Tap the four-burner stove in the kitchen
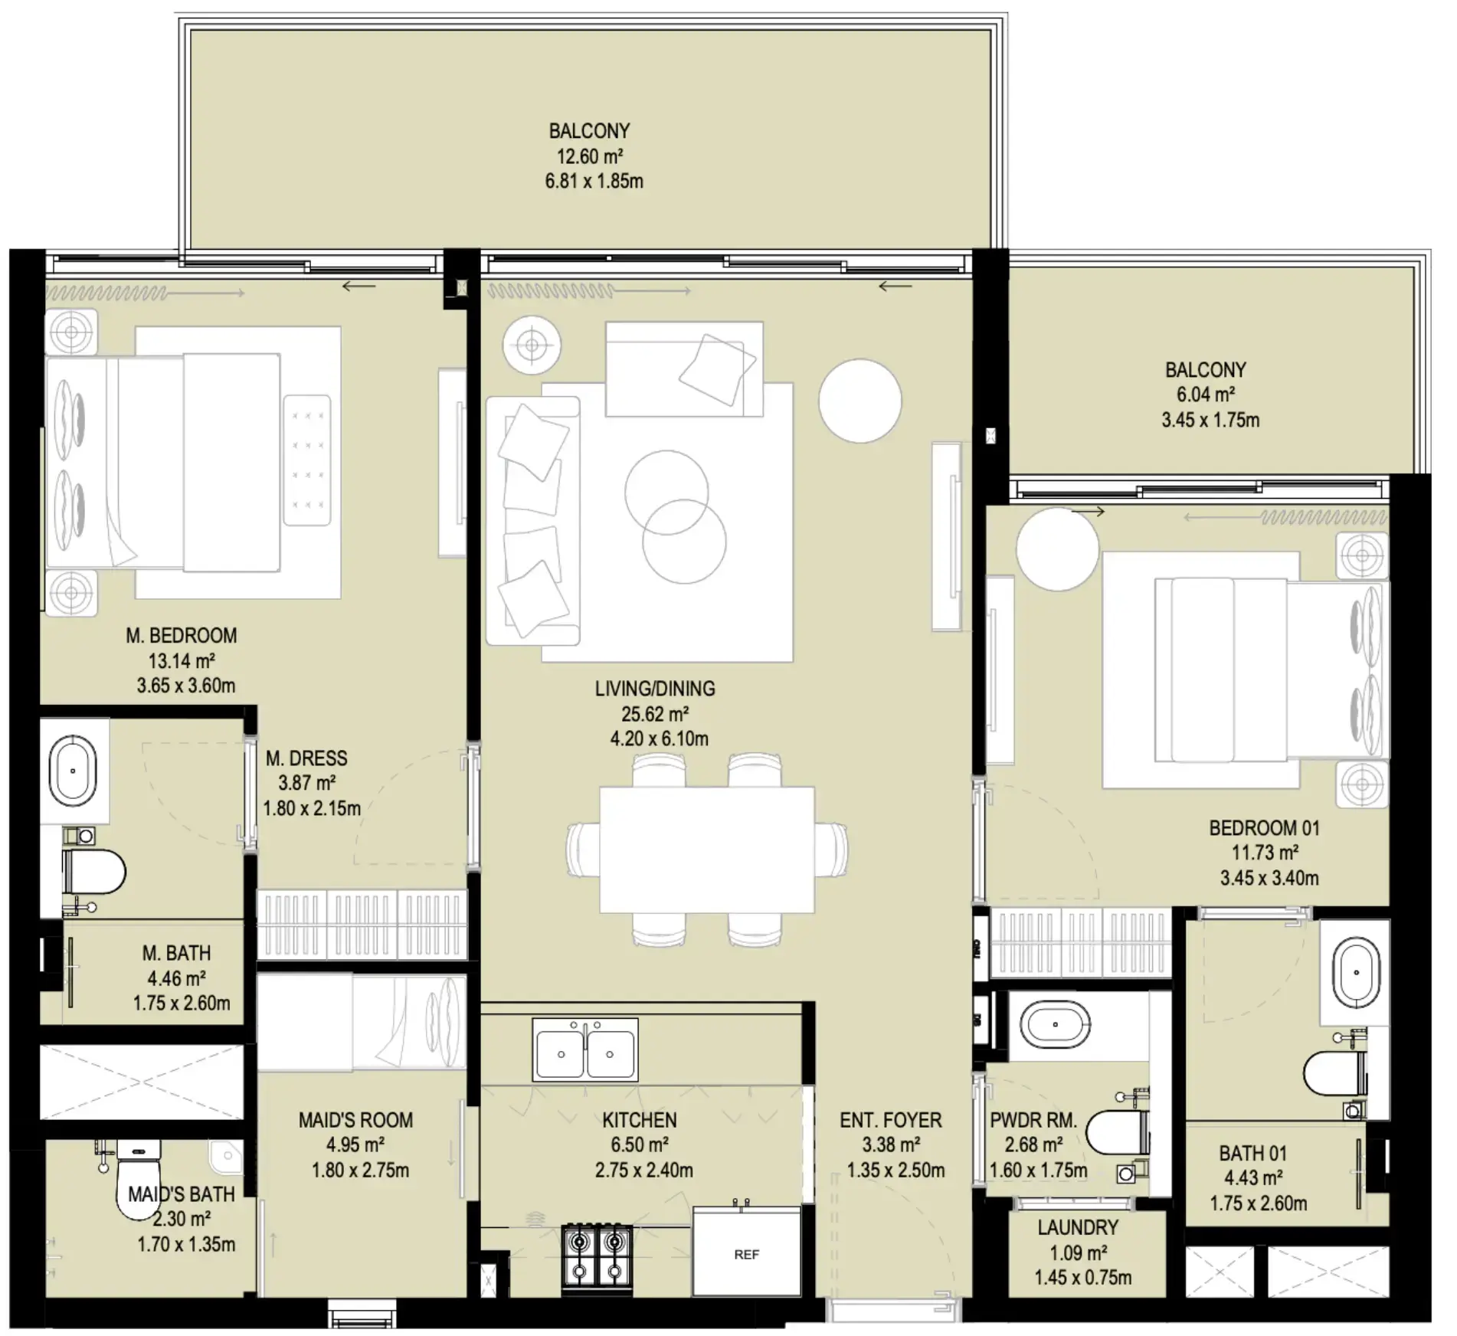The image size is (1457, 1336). (x=597, y=1256)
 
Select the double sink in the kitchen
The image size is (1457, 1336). (x=585, y=1050)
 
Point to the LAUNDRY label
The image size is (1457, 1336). (x=1077, y=1228)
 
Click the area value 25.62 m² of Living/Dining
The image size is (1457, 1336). (x=655, y=714)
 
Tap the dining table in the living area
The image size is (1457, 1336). (x=706, y=850)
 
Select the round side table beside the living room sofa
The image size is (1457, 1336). (x=859, y=401)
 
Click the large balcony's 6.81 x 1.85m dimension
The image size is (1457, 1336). (x=594, y=182)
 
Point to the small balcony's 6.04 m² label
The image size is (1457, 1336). (x=1205, y=395)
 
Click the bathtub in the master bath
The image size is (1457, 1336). (x=73, y=771)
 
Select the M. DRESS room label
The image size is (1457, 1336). (x=306, y=758)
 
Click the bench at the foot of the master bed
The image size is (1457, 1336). (x=307, y=460)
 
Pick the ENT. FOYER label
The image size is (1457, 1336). (x=890, y=1120)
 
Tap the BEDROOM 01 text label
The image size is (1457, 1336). (x=1264, y=828)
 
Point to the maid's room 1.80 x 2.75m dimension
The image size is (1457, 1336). (x=360, y=1171)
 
